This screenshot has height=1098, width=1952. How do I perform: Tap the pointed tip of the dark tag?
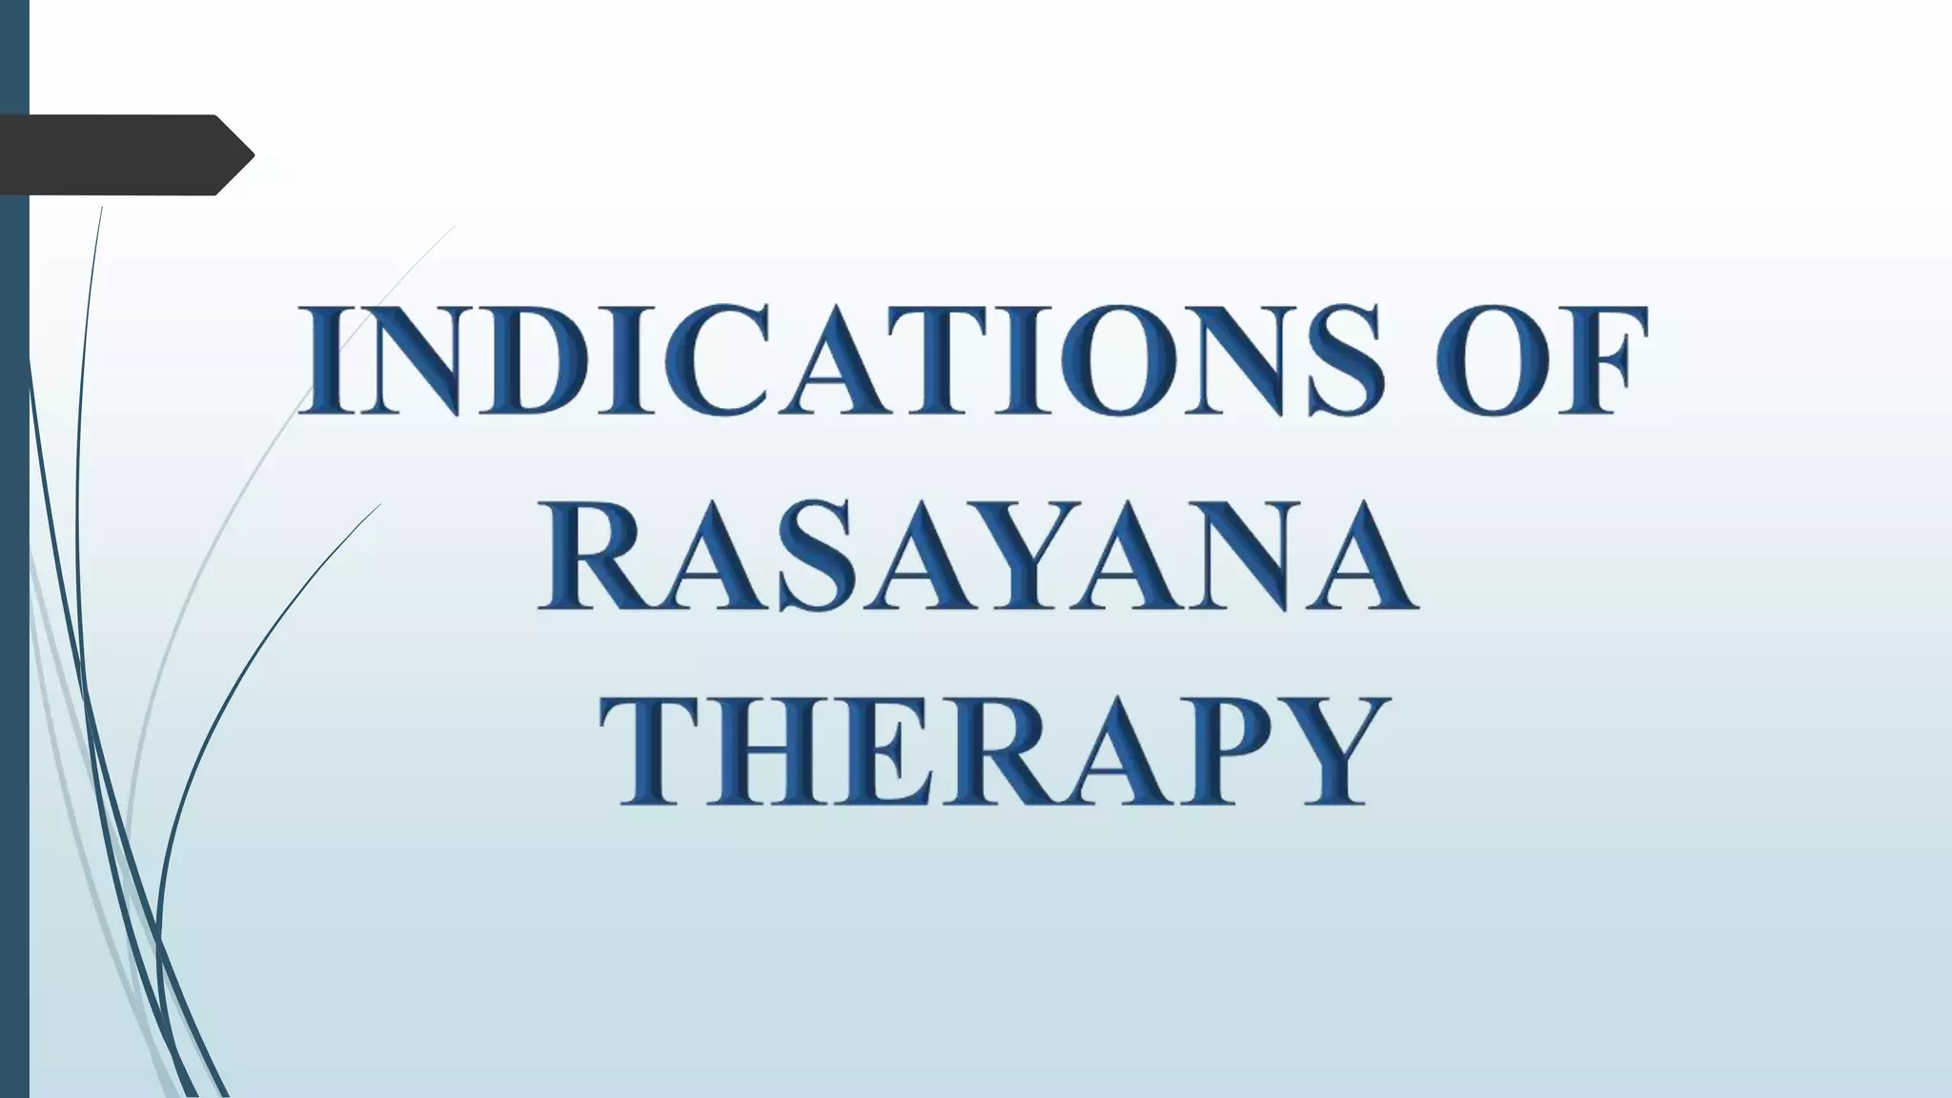pos(250,154)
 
